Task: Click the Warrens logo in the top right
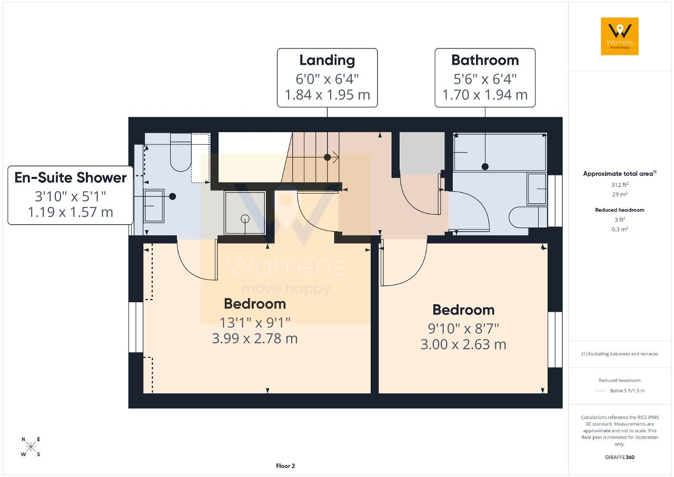click(620, 36)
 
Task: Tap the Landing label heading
click(327, 61)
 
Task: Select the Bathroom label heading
click(485, 60)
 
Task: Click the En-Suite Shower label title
click(71, 177)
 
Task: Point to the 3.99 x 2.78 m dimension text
click(254, 339)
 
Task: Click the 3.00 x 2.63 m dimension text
click(463, 345)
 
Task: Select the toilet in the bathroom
click(528, 217)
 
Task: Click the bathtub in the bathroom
click(500, 152)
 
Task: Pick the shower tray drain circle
click(245, 219)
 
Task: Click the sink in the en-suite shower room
click(154, 206)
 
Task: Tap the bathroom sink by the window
click(537, 189)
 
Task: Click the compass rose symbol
click(31, 447)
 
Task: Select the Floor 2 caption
click(285, 466)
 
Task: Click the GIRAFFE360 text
click(620, 457)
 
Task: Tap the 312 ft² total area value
click(620, 185)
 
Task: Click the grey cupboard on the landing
click(422, 153)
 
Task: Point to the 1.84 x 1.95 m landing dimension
click(327, 95)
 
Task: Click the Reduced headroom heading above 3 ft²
click(620, 210)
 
